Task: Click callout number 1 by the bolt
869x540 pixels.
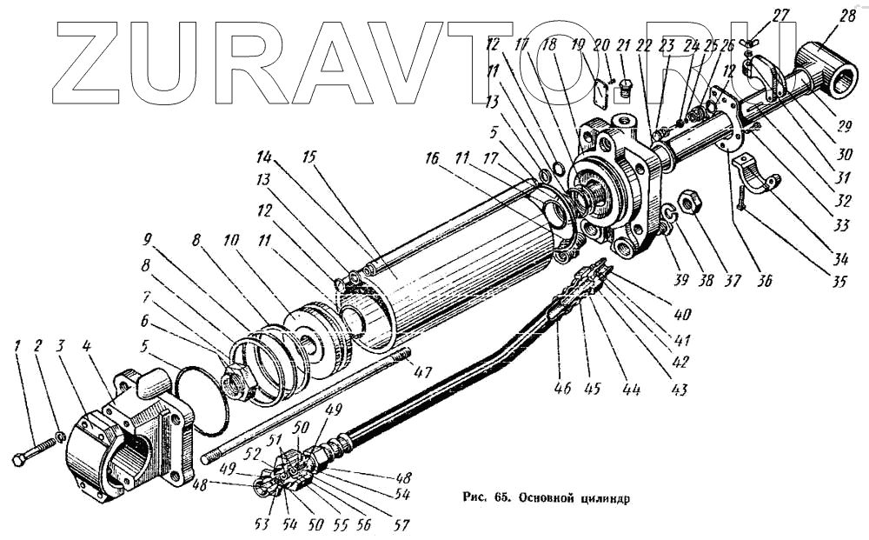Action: tap(17, 346)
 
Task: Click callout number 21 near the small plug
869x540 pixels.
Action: tap(623, 45)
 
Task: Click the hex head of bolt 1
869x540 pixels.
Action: tap(19, 460)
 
